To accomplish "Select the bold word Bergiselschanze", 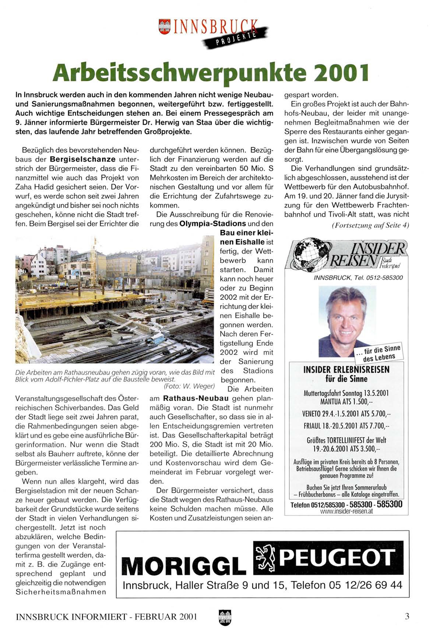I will pos(82,160).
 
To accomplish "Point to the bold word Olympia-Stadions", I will pos(212,224).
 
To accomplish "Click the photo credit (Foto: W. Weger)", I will pos(189,386).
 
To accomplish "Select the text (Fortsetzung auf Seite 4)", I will pos(370,225).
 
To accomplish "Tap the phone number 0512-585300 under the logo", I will pos(384,278).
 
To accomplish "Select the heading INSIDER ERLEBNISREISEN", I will pos(346,370).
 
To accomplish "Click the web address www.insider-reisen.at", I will pos(346,511).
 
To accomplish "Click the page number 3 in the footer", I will pos(407,616).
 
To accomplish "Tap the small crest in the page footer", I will pos(225,617).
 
